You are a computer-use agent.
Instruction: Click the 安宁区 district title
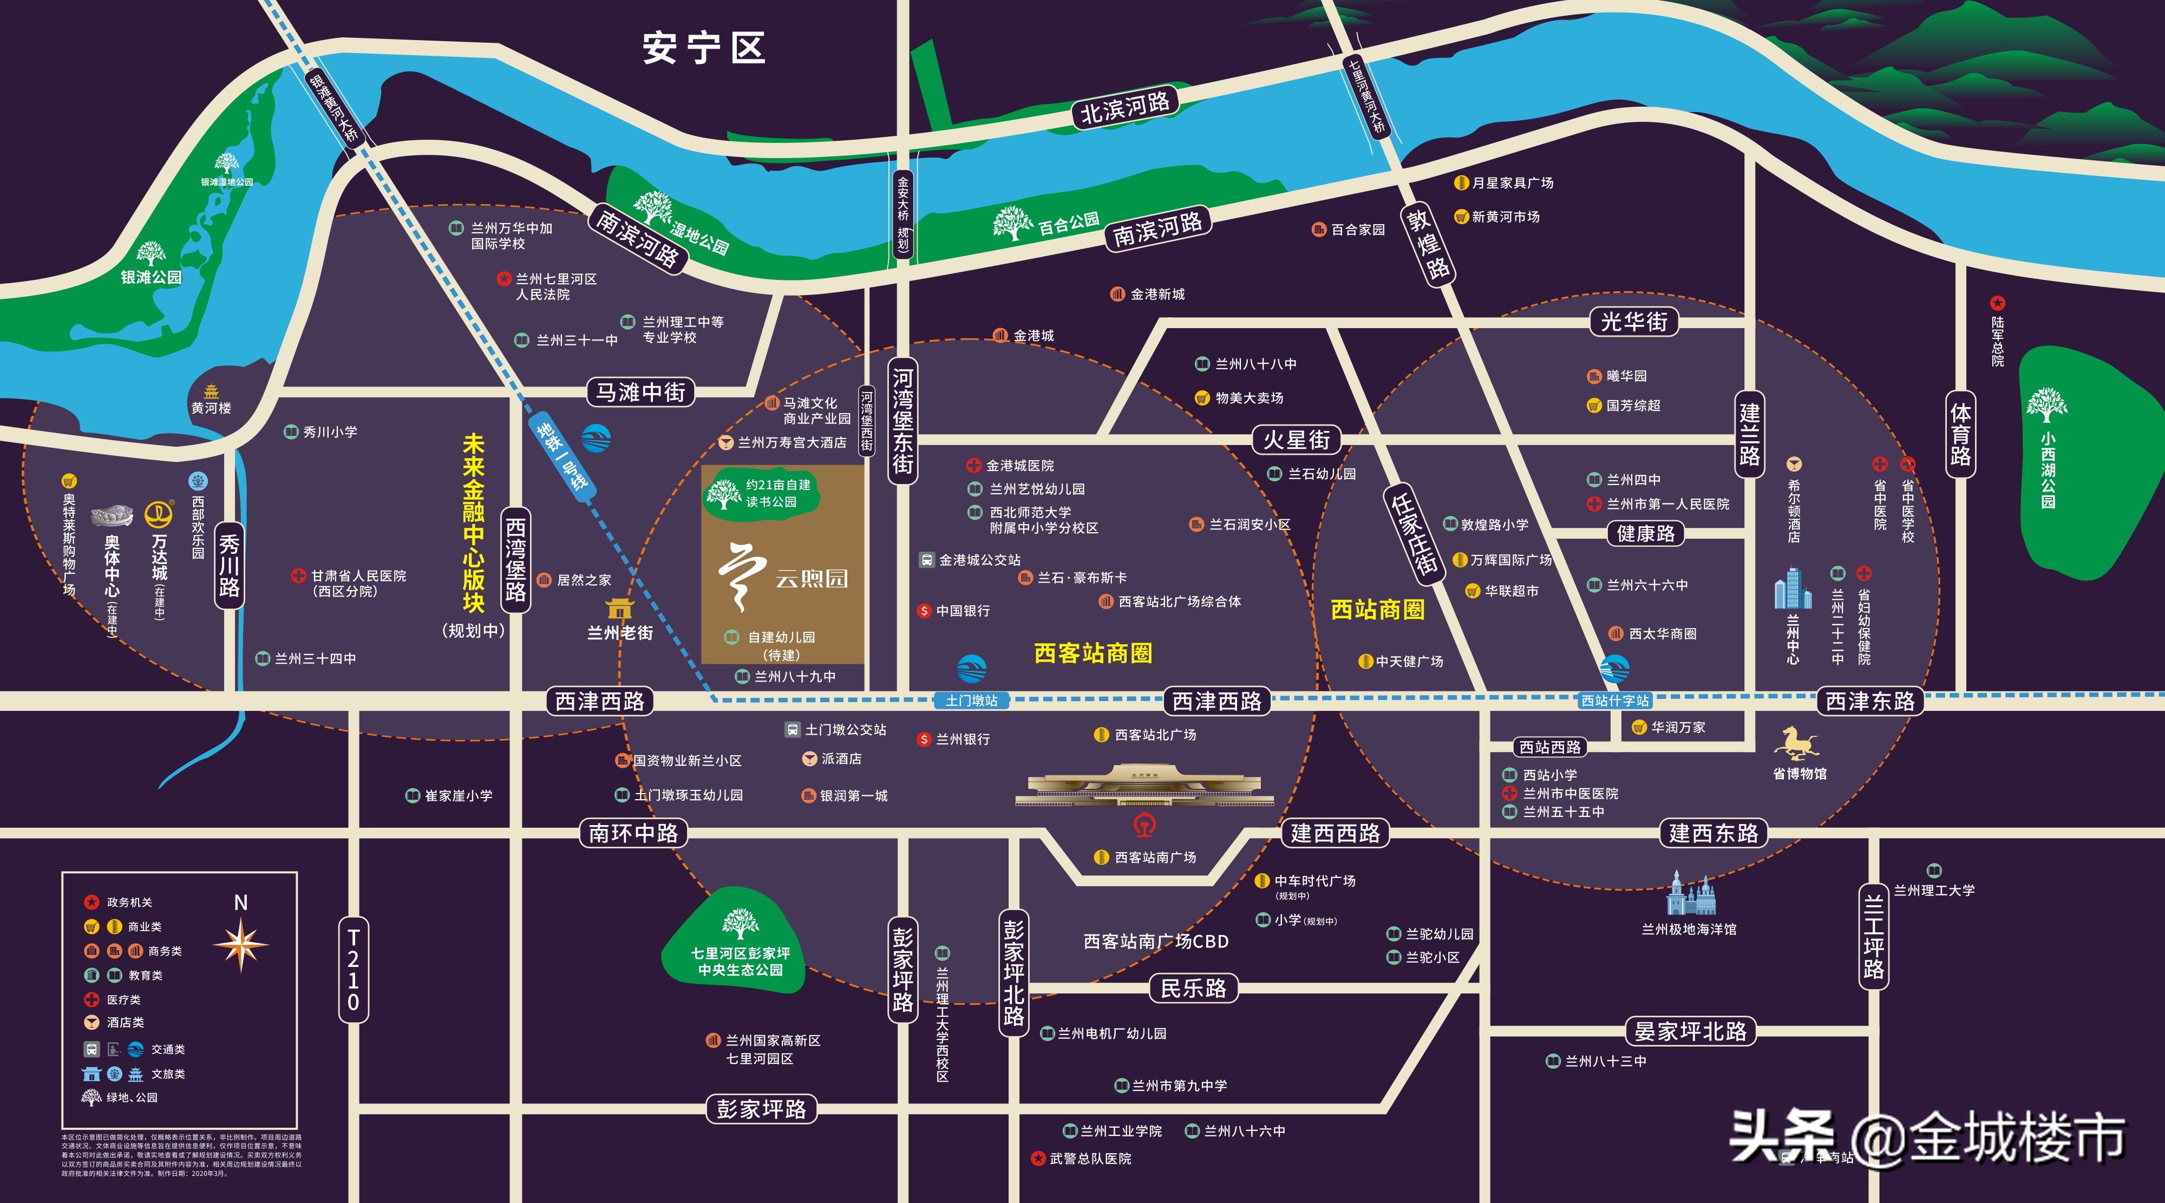click(704, 48)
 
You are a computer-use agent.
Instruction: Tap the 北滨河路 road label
click(1124, 107)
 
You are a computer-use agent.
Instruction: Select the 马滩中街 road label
click(640, 392)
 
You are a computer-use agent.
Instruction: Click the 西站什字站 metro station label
click(1614, 700)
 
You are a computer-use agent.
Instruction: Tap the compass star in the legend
click(241, 944)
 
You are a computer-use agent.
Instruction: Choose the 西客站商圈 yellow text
click(1093, 653)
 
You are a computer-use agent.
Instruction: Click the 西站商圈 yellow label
click(1377, 610)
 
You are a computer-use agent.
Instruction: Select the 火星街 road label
click(1297, 439)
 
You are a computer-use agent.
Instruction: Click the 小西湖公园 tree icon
click(2046, 405)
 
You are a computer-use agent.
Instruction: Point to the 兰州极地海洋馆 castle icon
click(1690, 894)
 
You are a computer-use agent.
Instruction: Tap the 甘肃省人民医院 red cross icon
click(298, 576)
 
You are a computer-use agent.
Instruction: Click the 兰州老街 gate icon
click(619, 609)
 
